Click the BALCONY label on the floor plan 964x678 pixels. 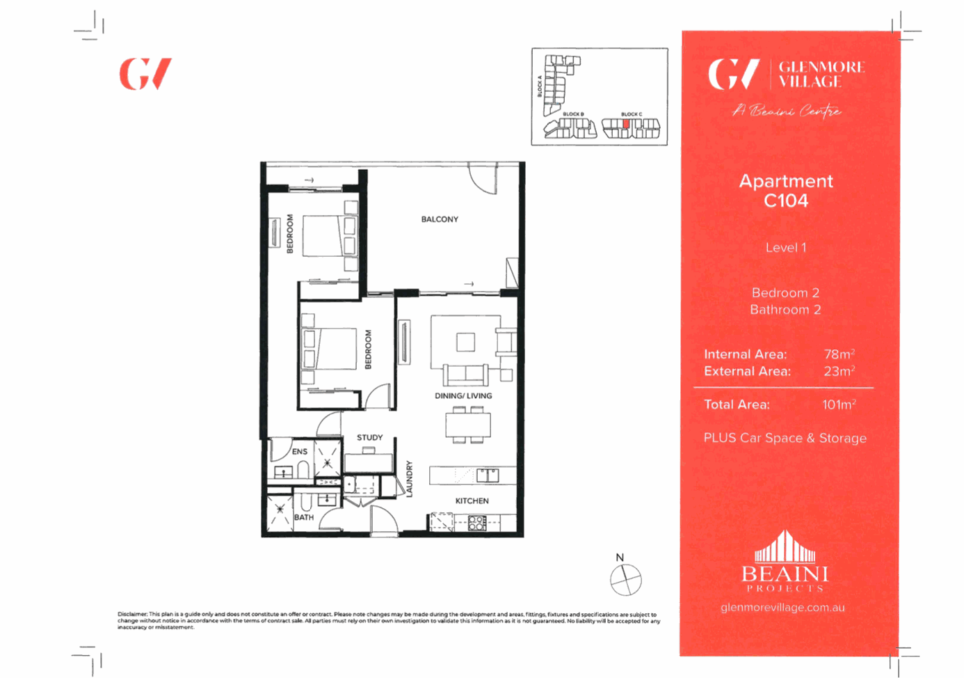440,219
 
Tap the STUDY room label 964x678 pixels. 370,438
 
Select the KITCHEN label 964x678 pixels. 472,501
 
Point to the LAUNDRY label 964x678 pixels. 410,479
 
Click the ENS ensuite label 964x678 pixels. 300,452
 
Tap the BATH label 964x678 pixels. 304,518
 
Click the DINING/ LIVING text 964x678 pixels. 463,396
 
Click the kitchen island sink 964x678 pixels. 488,476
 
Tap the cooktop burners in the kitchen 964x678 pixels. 476,523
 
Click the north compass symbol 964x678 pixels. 625,579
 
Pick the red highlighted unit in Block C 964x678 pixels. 626,125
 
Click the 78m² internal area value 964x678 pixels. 839,354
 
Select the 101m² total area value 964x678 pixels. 839,404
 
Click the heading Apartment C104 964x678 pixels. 786,191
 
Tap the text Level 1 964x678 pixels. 786,248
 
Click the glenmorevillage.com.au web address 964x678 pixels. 782,608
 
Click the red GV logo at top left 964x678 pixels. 145,74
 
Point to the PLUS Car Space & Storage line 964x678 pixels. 785,439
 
